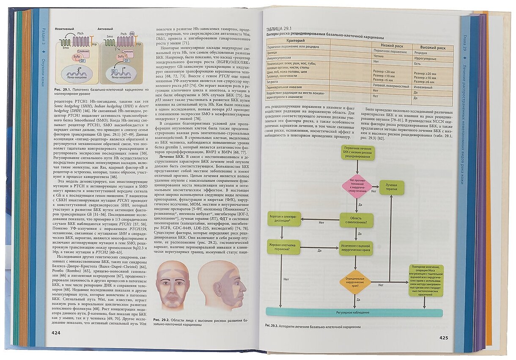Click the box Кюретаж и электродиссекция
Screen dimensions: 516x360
[x=283, y=219]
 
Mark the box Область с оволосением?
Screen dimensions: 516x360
[x=356, y=220]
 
